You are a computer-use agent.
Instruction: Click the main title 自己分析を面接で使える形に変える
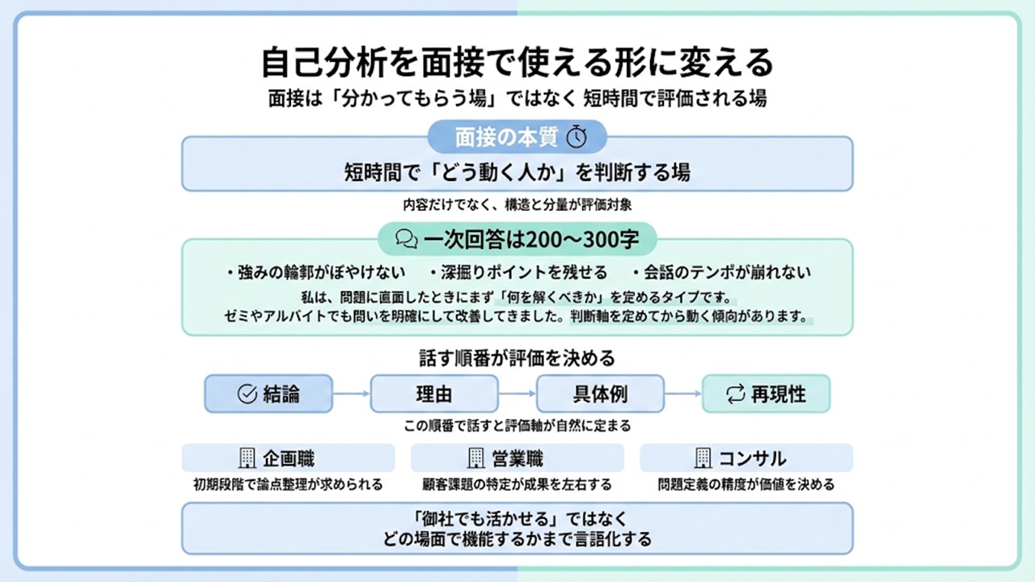coord(517,61)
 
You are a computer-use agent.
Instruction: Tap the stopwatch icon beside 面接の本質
coord(576,137)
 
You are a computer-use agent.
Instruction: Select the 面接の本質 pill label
coord(506,137)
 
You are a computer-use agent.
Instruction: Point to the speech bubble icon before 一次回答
coord(407,238)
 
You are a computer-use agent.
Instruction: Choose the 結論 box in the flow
coord(268,394)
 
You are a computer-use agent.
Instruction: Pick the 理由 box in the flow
coord(434,394)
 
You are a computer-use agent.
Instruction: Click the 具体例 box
coord(600,394)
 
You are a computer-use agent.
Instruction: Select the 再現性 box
coord(766,394)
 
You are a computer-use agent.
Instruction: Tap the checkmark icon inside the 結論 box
coord(247,394)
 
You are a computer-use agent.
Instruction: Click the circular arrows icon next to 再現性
coord(735,394)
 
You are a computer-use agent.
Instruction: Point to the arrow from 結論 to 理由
coord(351,394)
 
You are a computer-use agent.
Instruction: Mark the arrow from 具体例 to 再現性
coord(683,394)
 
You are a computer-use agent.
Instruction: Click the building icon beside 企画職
coord(247,458)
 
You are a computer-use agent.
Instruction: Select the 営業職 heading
coord(517,458)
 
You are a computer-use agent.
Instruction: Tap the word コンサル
coord(752,458)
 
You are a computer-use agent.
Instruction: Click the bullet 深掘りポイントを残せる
coord(518,272)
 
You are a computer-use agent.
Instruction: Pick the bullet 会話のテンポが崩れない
coord(722,272)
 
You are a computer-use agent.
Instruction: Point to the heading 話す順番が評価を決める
coord(517,356)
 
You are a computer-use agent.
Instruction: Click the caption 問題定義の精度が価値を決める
coord(746,485)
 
